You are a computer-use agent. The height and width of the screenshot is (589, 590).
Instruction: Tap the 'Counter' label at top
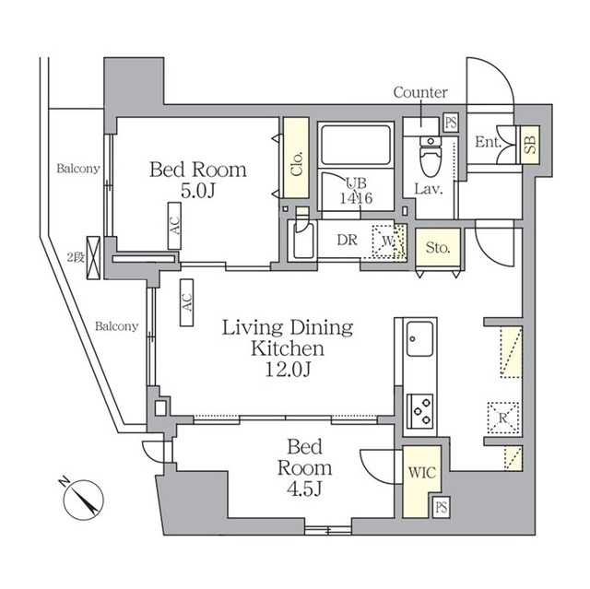(420, 92)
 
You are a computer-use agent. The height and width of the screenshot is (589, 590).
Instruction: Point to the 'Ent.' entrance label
(488, 142)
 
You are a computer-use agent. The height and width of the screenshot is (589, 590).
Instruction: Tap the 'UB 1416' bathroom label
(355, 190)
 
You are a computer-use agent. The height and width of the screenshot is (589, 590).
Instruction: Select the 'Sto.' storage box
(437, 247)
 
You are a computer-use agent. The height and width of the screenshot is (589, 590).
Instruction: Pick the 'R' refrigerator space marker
(504, 416)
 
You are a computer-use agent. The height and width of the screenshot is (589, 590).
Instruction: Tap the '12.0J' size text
(289, 371)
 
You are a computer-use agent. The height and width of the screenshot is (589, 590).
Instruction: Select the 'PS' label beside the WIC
(441, 506)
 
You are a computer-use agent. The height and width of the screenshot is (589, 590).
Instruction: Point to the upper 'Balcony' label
(77, 169)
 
